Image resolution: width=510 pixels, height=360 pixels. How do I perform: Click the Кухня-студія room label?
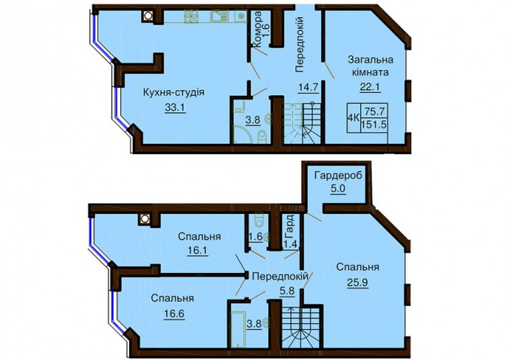[174, 92]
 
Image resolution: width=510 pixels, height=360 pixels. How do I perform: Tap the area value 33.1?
[175, 108]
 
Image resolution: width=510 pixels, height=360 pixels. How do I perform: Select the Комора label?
[257, 30]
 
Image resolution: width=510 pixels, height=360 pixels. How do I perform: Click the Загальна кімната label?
[370, 66]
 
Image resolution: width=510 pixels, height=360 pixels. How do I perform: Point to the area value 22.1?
[370, 87]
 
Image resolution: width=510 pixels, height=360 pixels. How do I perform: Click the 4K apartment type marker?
[353, 118]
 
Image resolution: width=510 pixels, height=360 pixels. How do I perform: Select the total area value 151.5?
[374, 125]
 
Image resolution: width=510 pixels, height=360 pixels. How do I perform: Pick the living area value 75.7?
[375, 111]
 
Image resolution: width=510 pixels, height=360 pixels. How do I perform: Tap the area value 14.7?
[308, 87]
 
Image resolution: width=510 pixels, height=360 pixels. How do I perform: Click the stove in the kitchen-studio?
[192, 17]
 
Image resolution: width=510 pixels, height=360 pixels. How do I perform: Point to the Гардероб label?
[338, 176]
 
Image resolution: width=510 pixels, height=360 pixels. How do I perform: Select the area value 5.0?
[339, 189]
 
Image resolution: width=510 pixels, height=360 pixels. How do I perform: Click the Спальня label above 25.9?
[357, 267]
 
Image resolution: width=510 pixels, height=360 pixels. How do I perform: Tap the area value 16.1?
[198, 251]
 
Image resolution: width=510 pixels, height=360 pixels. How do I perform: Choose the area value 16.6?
[172, 313]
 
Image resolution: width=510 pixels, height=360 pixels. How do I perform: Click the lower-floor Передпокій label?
[280, 276]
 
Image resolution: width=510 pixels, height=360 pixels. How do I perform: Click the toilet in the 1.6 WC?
[259, 220]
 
